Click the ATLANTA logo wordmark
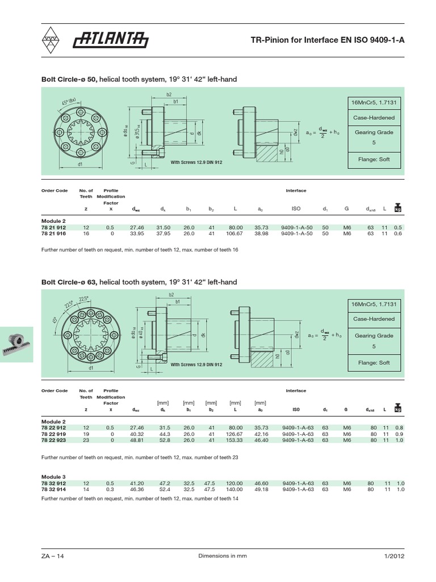coord(111,40)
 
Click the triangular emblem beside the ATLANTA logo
coord(53,40)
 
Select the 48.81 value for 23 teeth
coord(138,439)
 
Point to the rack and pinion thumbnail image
coord(17,344)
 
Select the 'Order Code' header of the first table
coord(54,191)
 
